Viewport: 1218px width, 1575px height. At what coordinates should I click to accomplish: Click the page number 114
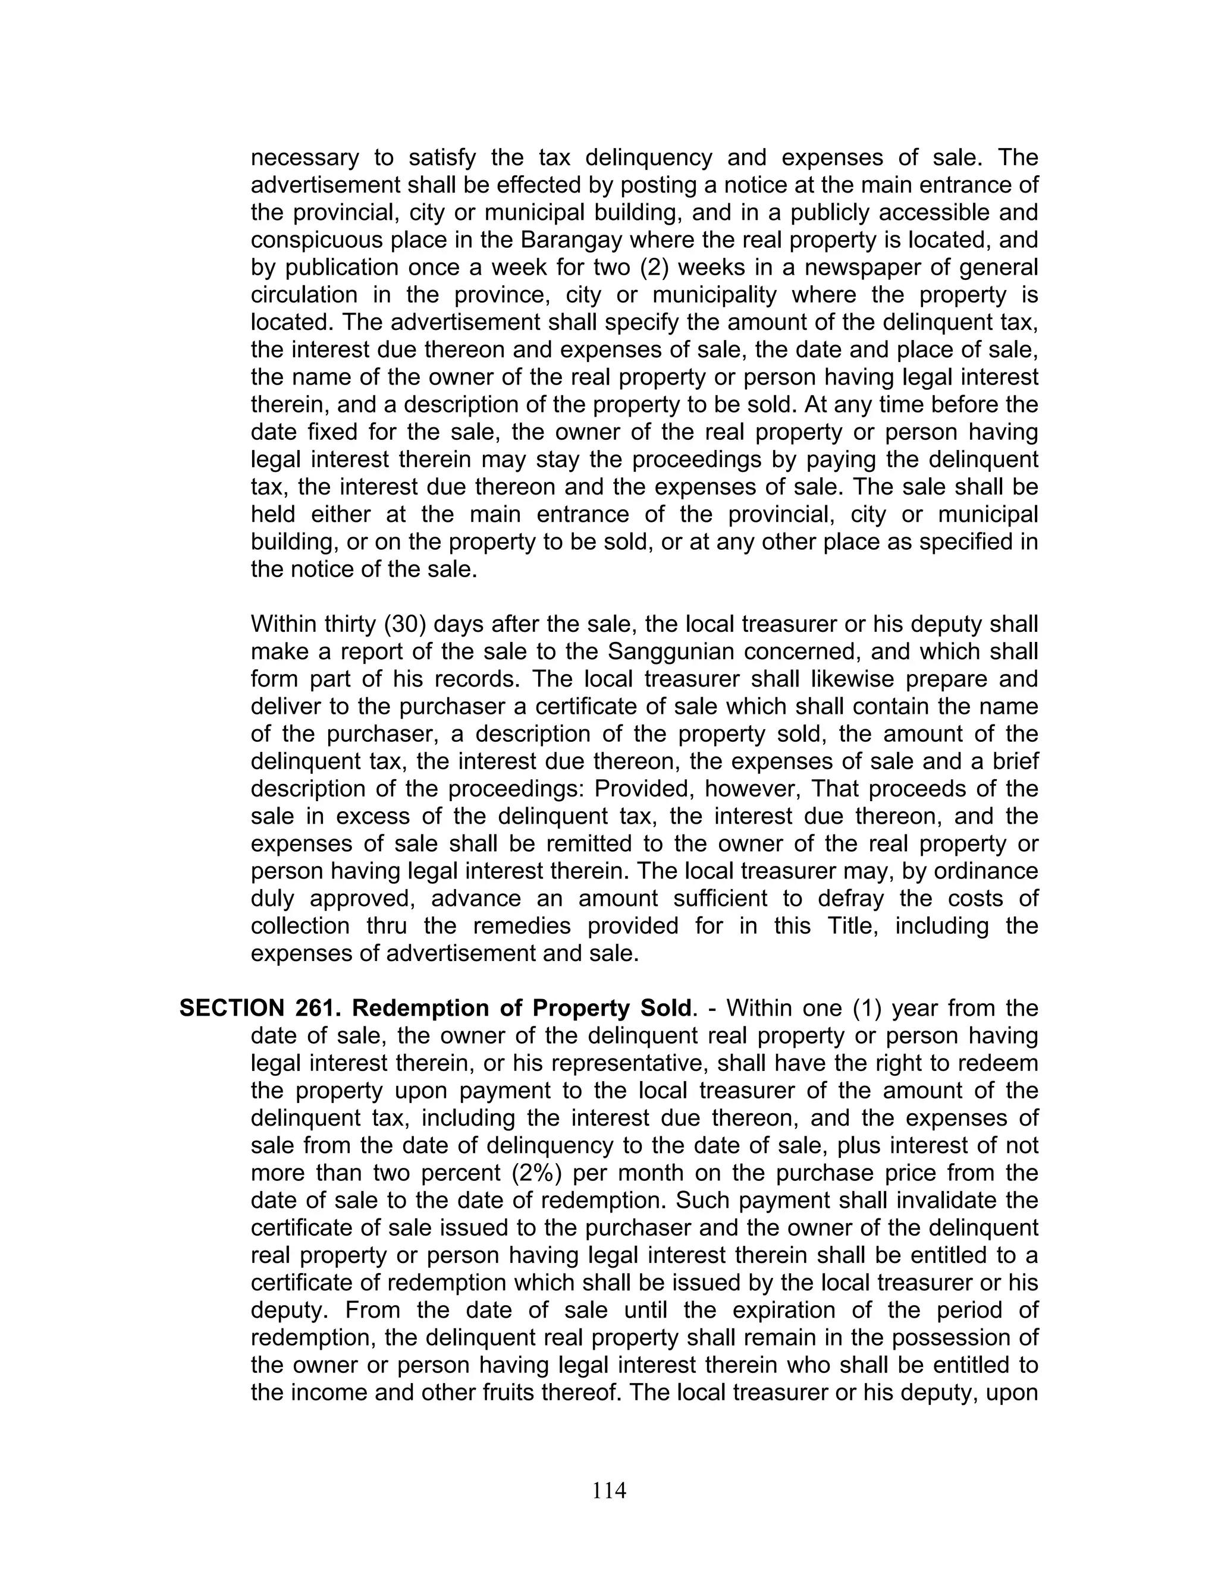coord(609,1490)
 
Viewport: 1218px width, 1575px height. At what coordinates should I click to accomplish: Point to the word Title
coord(852,925)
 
